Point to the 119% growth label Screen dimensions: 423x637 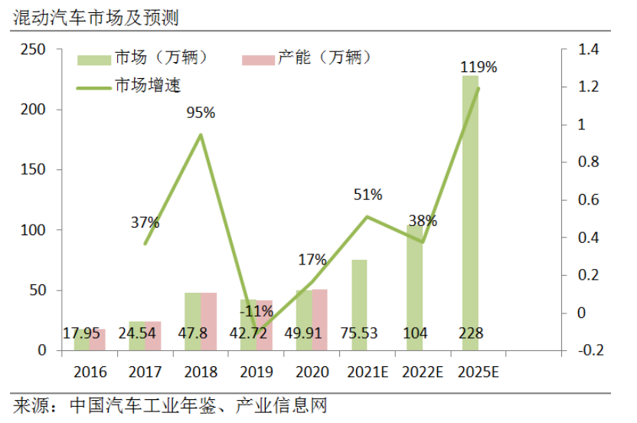pyautogui.click(x=479, y=67)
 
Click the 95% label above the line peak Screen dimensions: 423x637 pyautogui.click(x=201, y=113)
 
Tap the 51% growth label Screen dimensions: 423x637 pyautogui.click(x=367, y=195)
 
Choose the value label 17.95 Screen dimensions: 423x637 pyautogui.click(x=83, y=333)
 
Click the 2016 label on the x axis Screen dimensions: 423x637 pyautogui.click(x=90, y=372)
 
